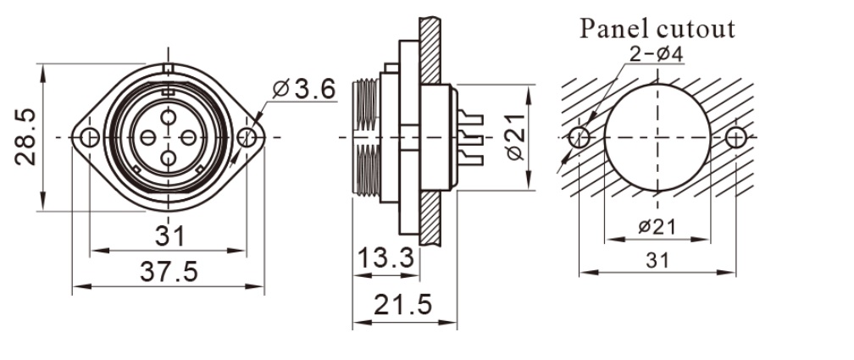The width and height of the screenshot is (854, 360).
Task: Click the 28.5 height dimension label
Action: coord(25,136)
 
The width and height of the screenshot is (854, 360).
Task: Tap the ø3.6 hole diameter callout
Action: coord(306,88)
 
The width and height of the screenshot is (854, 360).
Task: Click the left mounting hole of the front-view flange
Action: coord(89,137)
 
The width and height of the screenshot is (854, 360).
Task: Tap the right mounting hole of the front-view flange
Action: coord(247,137)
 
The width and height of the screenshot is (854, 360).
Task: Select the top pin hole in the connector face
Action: coord(168,117)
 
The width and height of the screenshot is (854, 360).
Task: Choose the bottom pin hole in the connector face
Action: coord(168,157)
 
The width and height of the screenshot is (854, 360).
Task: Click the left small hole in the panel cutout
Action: coord(579,136)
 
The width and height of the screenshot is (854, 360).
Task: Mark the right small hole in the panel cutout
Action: coord(736,136)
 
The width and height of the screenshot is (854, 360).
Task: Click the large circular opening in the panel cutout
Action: coord(657,136)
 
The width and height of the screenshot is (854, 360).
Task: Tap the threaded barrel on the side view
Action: coord(366,136)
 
